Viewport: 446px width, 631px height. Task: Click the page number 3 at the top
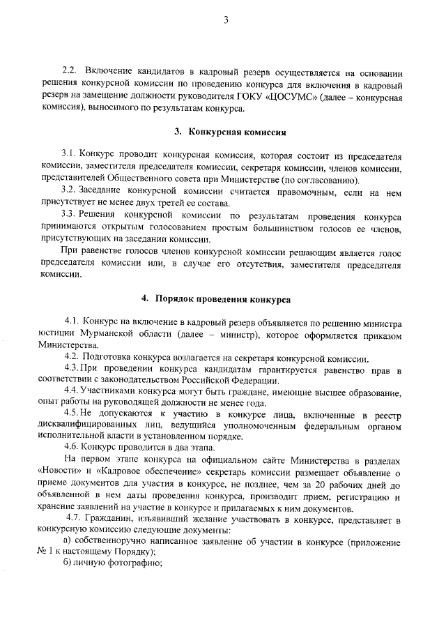pos(226,20)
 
